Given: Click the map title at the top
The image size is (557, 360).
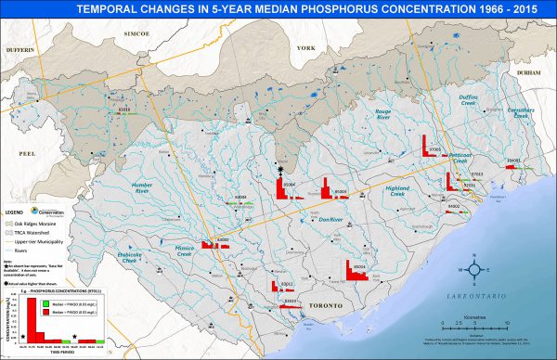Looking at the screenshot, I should pos(278,11).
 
